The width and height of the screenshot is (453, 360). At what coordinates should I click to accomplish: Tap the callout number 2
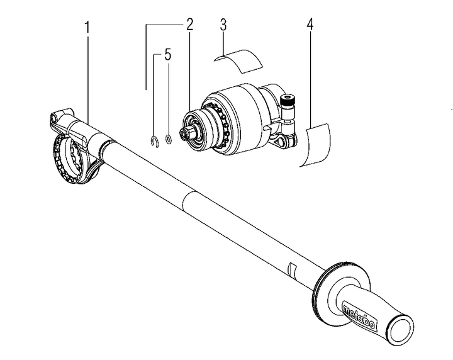click(x=189, y=26)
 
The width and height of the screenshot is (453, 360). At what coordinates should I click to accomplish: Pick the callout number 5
click(x=167, y=55)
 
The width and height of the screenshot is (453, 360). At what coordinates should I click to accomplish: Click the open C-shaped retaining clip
click(x=154, y=140)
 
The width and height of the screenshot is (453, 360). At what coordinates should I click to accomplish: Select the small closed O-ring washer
click(x=169, y=138)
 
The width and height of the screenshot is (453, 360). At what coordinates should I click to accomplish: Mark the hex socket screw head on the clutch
click(x=289, y=98)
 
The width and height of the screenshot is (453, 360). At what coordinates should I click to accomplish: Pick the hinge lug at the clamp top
click(x=55, y=117)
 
